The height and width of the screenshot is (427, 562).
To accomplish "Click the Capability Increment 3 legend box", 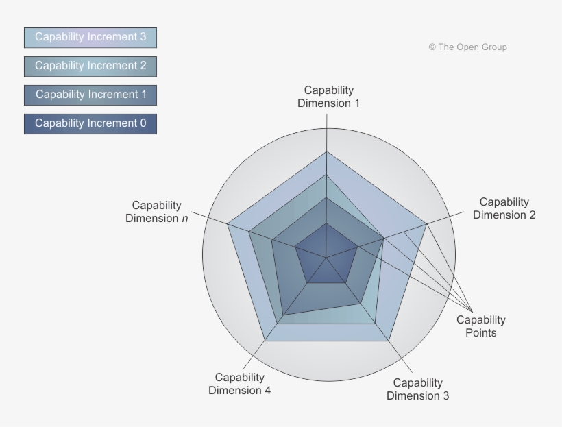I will [x=90, y=37].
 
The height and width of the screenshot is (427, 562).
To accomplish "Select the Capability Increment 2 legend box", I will [x=90, y=66].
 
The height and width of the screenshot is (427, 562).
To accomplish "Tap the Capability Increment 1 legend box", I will [x=90, y=95].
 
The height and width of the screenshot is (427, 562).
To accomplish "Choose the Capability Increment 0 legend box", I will [x=90, y=123].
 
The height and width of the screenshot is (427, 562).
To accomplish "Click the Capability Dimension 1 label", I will [x=328, y=97].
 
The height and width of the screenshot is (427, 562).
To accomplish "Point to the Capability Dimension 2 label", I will [x=504, y=208].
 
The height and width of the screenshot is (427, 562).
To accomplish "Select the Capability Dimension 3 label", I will [x=417, y=389].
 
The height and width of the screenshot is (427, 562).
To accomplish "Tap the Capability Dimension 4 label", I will [x=239, y=384].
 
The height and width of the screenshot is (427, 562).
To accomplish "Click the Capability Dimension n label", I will [x=157, y=212].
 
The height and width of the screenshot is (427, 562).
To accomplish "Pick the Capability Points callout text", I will [x=481, y=326].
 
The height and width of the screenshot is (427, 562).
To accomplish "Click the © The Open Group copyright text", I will [x=467, y=47].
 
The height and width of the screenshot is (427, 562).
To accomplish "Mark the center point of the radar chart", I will [x=326, y=258].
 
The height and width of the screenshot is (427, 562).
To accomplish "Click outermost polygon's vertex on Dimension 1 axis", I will [x=326, y=151].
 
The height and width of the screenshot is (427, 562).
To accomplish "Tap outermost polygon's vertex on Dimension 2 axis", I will [x=427, y=224].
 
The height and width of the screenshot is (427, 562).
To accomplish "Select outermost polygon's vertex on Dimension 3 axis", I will [x=389, y=341].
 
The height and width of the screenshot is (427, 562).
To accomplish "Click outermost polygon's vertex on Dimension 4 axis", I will [x=265, y=341].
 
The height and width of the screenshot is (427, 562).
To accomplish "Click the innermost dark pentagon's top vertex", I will [x=326, y=223].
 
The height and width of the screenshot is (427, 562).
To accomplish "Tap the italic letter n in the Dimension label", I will [x=184, y=219].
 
